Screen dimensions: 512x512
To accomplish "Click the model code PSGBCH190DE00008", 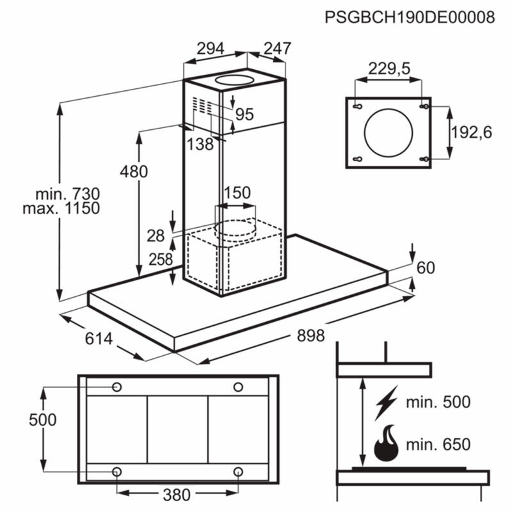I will [410, 17].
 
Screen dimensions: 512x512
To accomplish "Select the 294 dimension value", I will [210, 49].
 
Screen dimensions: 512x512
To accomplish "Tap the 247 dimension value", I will [277, 49].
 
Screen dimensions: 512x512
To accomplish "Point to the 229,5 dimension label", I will [388, 69].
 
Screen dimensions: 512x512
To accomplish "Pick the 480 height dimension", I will [133, 172].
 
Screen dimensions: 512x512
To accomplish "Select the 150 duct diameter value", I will [237, 193].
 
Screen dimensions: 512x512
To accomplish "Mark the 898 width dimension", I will [310, 335].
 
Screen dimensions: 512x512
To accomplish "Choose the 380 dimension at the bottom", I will [176, 494].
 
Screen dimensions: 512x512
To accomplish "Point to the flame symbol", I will [387, 443].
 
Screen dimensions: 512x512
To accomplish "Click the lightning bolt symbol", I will [387, 402].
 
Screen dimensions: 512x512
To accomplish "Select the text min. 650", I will [438, 444].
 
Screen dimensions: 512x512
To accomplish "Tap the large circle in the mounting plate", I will [388, 132].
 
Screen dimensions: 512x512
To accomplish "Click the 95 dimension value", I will [244, 115].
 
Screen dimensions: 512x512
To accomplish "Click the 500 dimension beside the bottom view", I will [43, 420].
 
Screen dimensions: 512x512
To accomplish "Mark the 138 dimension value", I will [200, 145].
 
